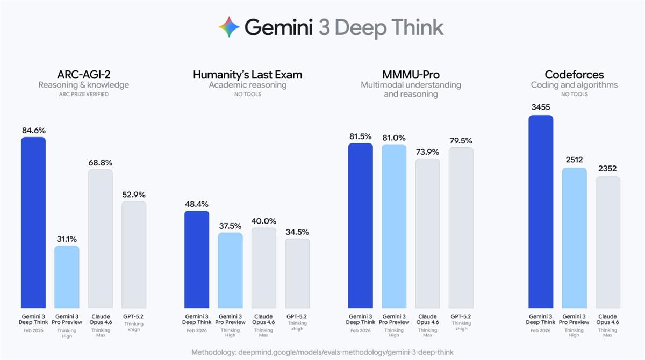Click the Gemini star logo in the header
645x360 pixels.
[x=229, y=27]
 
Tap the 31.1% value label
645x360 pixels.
[x=67, y=239]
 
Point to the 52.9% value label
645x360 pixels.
[x=134, y=195]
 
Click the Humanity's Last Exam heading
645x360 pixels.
[x=247, y=75]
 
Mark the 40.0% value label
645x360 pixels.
[x=263, y=221]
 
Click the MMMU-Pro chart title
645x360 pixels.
[x=411, y=75]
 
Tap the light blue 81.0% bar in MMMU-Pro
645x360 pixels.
[x=394, y=226]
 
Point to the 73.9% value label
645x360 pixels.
[x=427, y=152]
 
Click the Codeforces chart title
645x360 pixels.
[x=574, y=75]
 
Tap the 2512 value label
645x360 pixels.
[x=574, y=160]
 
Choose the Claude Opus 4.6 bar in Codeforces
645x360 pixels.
[x=608, y=242]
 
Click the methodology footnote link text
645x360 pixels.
[x=322, y=352]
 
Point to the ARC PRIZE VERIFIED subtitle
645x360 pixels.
[x=83, y=95]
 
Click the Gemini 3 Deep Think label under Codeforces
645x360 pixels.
[x=541, y=319]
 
